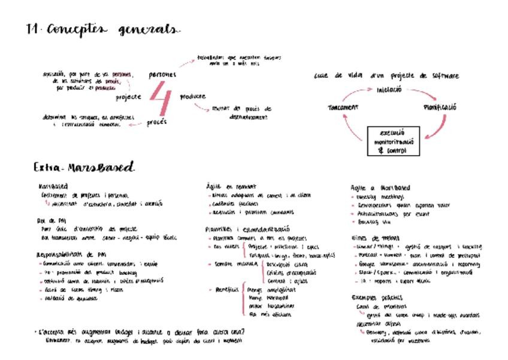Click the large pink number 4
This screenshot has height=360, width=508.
160,98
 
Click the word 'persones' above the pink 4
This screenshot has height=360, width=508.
162,75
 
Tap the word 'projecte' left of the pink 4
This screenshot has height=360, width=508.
129,97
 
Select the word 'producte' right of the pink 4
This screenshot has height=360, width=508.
192,96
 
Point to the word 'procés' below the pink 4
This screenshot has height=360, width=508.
156,122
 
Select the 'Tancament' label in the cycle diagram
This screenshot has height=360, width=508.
343,107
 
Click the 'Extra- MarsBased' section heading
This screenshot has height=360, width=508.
84,167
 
